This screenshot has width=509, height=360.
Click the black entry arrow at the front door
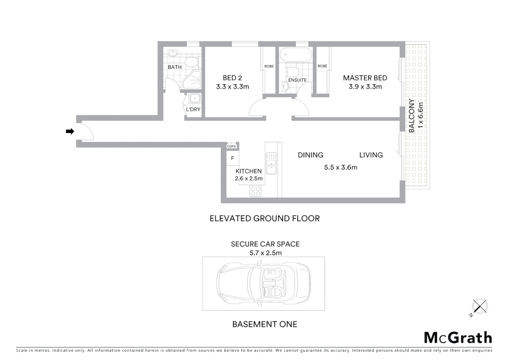click(70, 131)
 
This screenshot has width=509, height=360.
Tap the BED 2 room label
click(232, 78)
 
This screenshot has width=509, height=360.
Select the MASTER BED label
click(365, 78)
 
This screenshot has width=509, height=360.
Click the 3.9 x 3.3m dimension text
click(365, 87)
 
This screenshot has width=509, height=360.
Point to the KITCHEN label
click(249, 171)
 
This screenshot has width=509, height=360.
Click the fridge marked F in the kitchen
click(233, 158)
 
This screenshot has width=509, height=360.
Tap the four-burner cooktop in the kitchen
click(255, 191)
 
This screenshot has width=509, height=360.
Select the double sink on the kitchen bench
click(271, 163)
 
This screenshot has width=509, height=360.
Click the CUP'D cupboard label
click(232, 146)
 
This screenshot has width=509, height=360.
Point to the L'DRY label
click(193, 109)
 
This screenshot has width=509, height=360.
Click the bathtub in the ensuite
click(296, 55)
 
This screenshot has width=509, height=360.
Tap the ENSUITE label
click(297, 80)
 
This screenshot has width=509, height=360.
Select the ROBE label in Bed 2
click(269, 66)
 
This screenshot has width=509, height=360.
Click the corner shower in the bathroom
click(192, 80)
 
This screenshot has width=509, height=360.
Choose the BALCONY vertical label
click(412, 116)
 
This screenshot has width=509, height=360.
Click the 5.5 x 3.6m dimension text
click(340, 167)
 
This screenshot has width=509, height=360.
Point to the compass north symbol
click(479, 306)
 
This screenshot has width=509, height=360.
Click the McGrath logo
click(458, 338)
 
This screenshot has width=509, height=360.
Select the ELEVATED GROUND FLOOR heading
click(264, 218)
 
